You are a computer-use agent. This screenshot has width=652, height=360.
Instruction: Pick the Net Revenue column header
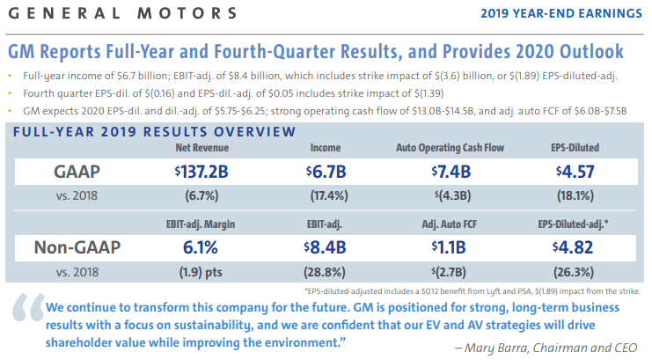(x=205, y=147)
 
